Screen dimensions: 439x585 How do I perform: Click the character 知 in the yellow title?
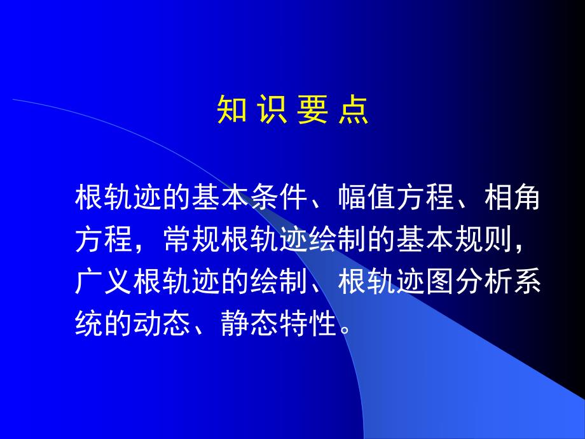coord(230,109)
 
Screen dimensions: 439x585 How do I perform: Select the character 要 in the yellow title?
coord(312,109)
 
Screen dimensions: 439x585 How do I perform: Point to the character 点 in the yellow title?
coord(353,109)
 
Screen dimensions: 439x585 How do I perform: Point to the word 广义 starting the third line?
coord(104,283)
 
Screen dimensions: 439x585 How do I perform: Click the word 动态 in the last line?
coord(162,325)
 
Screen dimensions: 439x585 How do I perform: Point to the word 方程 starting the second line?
coord(104,241)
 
